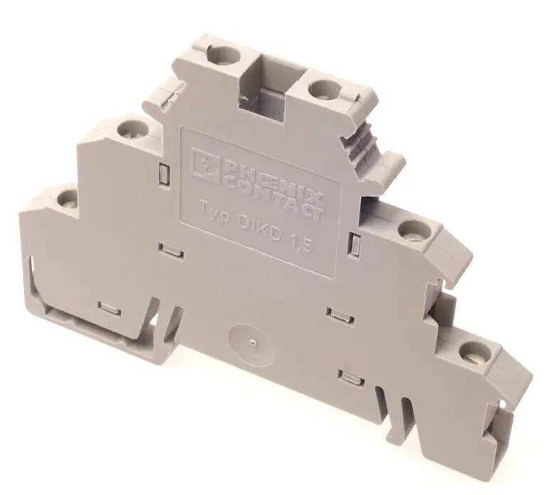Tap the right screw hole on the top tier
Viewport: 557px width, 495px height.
click(323, 88)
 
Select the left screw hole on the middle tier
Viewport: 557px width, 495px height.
click(131, 129)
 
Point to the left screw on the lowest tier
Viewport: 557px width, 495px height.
click(67, 198)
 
